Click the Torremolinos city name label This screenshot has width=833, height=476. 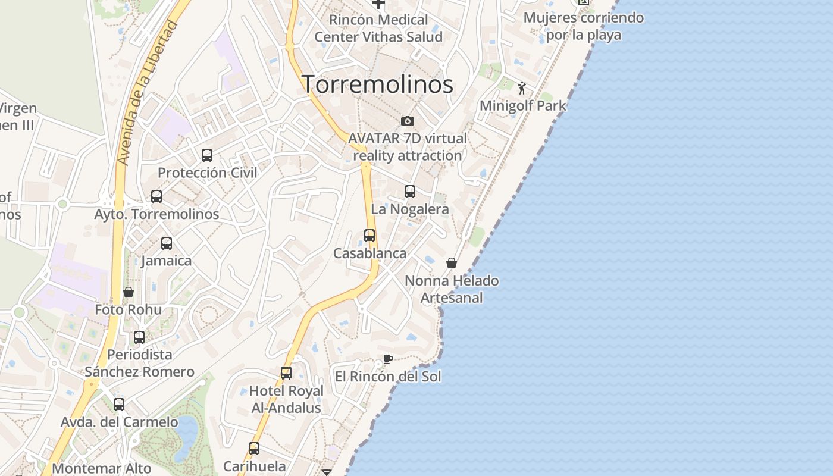377,84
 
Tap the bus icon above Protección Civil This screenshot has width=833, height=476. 207,155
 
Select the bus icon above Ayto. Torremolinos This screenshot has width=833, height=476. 156,196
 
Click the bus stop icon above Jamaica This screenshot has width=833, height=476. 167,243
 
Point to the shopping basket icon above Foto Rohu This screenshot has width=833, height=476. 129,292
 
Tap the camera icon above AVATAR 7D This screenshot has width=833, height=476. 408,121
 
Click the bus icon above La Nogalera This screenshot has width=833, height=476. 410,192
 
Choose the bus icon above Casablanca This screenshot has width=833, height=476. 369,236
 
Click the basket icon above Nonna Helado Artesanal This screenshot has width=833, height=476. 452,263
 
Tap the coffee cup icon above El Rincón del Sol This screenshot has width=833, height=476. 388,359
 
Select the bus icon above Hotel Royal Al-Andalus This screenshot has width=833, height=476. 286,373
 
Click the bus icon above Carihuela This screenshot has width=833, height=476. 254,448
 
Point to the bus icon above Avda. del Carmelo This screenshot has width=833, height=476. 119,405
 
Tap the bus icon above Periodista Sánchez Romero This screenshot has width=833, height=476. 139,337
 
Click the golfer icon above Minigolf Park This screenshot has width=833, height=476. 522,89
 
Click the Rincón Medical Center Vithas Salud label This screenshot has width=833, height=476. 378,28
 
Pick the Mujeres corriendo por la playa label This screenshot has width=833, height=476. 583,26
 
